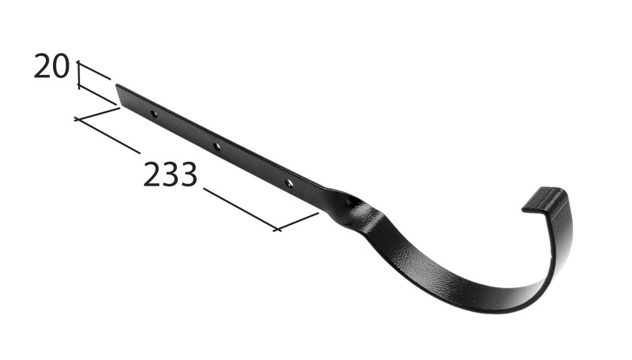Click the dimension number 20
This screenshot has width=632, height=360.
coord(52,67)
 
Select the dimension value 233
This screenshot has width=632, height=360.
coord(170,175)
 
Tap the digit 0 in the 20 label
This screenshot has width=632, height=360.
coord(62,67)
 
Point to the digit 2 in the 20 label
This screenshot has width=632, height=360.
coord(43,67)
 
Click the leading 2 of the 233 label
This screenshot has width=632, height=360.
coord(152,175)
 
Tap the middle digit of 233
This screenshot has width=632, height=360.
coord(170,175)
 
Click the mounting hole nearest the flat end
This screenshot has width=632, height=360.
coord(154,114)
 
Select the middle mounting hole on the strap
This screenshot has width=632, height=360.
coord(216,147)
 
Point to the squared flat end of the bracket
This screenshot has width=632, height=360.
coord(120,94)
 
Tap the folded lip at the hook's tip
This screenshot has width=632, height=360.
coord(543,200)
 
